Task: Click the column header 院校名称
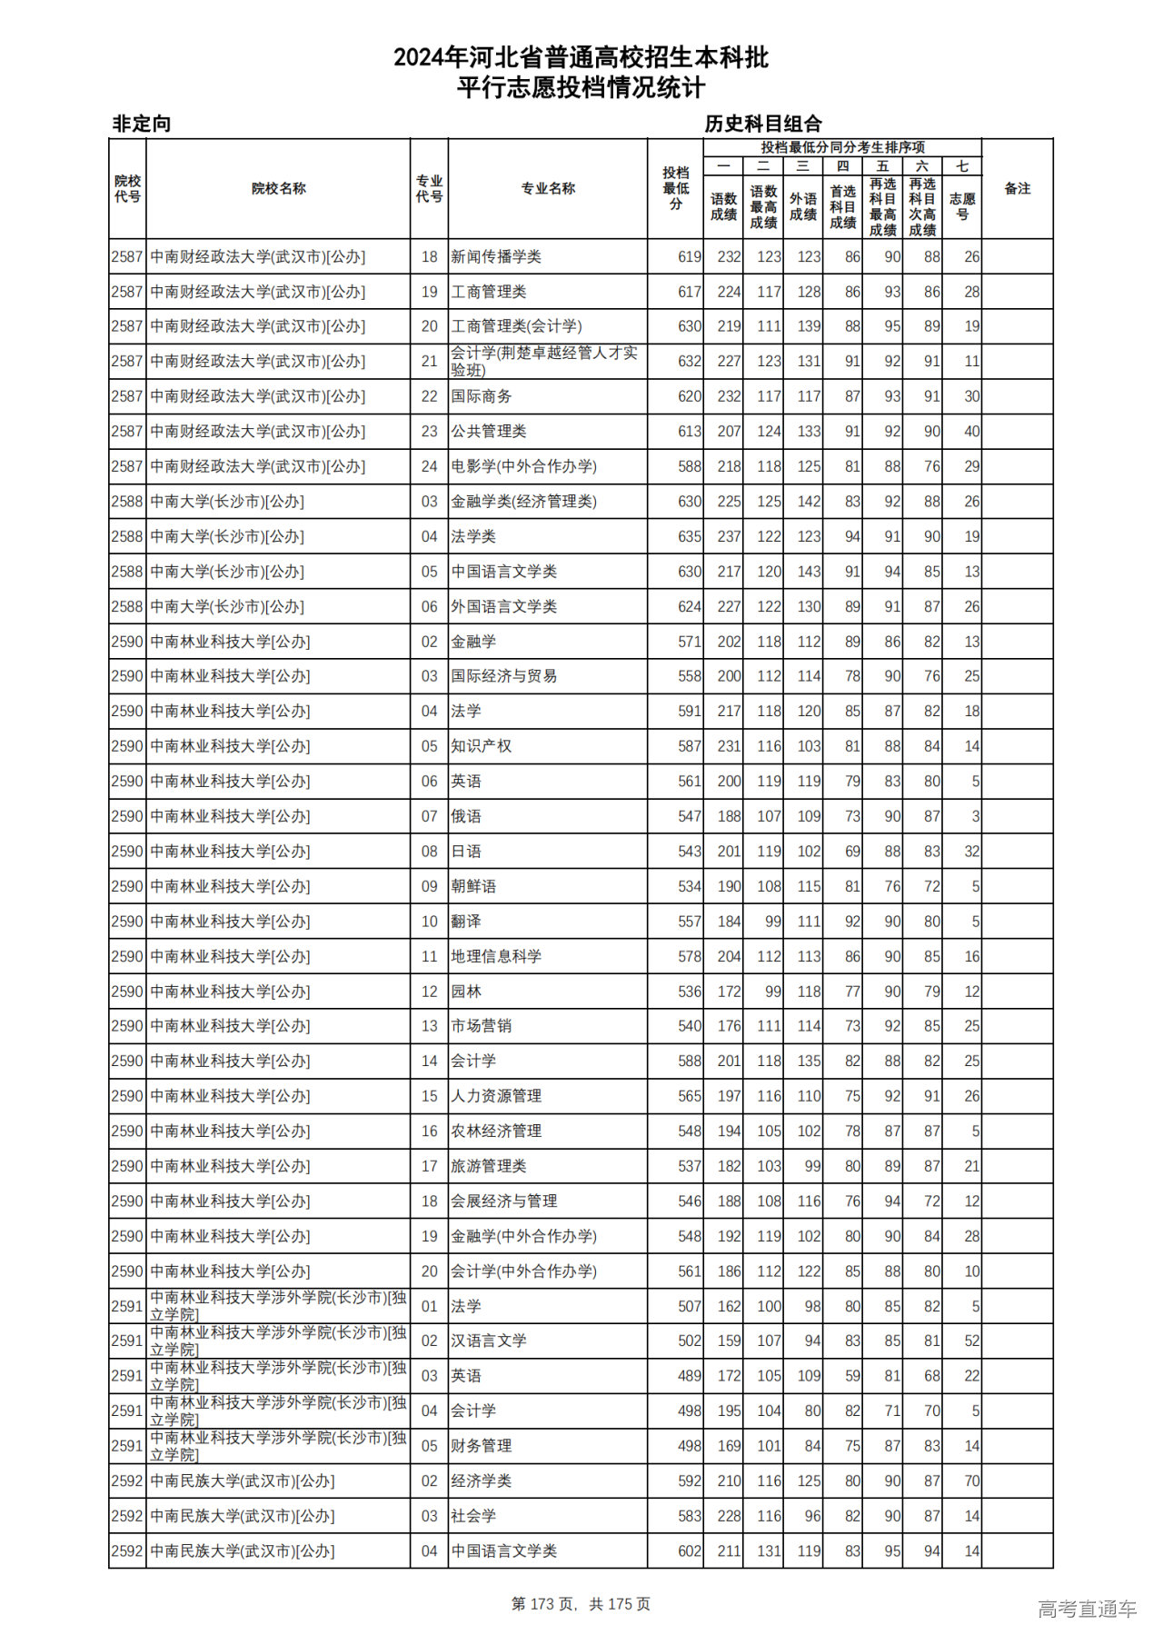[278, 189]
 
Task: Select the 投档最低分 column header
[675, 189]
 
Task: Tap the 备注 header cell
[1017, 189]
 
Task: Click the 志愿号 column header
[961, 206]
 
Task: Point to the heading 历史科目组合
[763, 124]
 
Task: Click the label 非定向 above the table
[142, 124]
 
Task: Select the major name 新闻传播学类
[496, 257]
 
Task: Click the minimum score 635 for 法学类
[689, 537]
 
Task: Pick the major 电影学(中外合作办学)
[524, 467]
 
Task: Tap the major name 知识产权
[482, 746]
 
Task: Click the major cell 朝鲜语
[473, 886]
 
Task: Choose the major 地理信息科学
[496, 956]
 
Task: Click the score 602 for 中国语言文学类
[689, 1551]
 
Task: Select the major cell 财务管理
[482, 1446]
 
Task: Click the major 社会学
[473, 1516]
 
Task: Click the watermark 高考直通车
[1087, 1609]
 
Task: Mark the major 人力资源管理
[496, 1096]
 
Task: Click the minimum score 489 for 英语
[689, 1376]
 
